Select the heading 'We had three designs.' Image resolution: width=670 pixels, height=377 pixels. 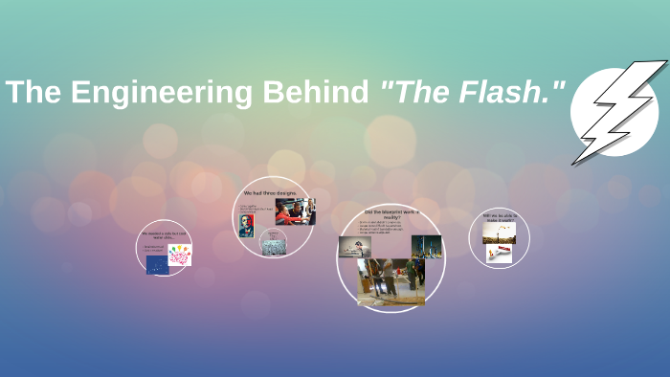[276, 192]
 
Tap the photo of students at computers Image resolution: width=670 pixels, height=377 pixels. [295, 211]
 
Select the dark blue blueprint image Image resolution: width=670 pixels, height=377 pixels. [157, 265]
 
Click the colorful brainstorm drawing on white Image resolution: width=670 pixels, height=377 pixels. [179, 255]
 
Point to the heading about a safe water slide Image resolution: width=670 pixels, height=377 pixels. [166, 235]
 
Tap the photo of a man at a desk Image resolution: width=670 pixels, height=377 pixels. [353, 247]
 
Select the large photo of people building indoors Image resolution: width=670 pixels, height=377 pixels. [391, 281]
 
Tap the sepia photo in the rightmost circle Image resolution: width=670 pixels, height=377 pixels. [500, 233]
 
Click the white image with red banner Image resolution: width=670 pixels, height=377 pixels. [499, 254]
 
